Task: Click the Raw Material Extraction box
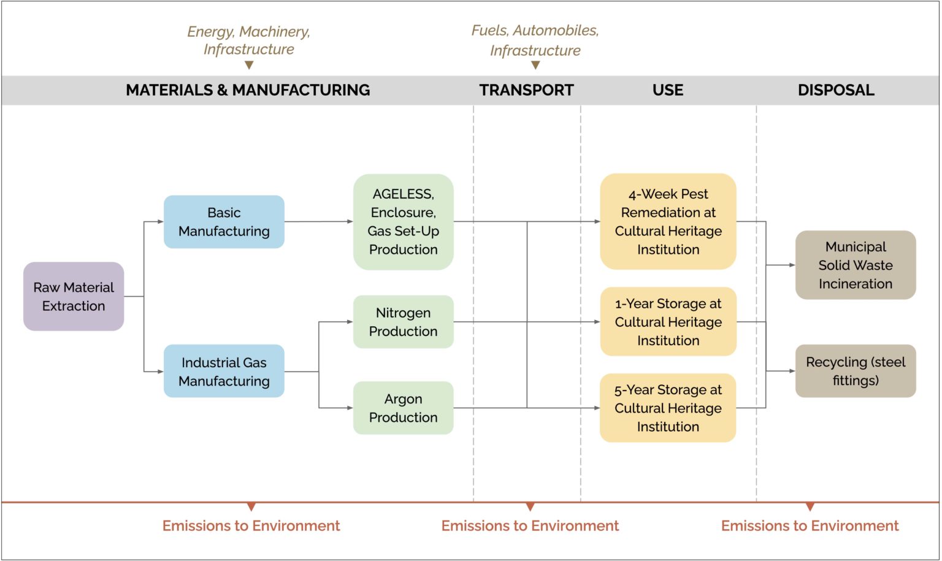coord(74,297)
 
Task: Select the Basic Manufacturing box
coord(224,222)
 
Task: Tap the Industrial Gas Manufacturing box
coord(224,372)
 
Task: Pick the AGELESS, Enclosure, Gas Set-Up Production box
coord(403,222)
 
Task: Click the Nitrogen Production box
coord(403,322)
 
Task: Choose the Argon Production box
coord(403,408)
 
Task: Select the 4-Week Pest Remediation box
coord(668,222)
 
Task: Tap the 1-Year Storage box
coord(668,322)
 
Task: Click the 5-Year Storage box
coord(668,408)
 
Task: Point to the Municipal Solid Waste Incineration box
coord(856,265)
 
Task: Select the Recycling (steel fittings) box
coord(856,372)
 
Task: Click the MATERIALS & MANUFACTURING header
coord(248,90)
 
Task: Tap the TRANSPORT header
coord(526,90)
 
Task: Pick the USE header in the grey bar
coord(668,90)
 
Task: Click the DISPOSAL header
coord(836,90)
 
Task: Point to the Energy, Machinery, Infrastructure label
coord(248,40)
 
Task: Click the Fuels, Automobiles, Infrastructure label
coord(535,40)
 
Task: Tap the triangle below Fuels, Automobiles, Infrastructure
coord(535,65)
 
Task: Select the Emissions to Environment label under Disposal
coord(810,526)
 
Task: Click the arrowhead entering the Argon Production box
coord(350,408)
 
